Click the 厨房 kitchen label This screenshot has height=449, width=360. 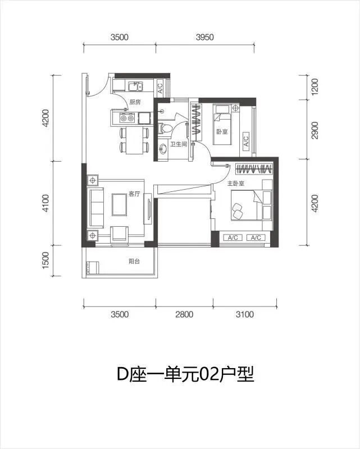(135, 102)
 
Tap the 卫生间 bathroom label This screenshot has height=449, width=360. (179, 144)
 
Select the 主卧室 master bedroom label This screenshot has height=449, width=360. (236, 184)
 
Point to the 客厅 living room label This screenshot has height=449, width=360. (134, 194)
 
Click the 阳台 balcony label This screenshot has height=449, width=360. (134, 261)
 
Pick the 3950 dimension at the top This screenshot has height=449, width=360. (205, 37)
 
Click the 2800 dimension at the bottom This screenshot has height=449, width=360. (184, 314)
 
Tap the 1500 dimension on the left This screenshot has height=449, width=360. (46, 260)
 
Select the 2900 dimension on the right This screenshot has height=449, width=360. (315, 130)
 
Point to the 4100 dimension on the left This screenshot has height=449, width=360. (46, 203)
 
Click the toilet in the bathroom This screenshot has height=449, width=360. (165, 129)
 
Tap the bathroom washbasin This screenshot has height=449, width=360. (162, 149)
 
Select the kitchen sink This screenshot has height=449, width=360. (135, 86)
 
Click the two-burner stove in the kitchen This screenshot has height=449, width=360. (127, 118)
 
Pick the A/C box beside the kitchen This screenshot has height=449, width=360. (160, 87)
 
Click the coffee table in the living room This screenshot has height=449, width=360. (119, 204)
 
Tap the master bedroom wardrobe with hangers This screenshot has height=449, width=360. (254, 169)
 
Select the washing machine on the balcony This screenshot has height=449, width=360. (92, 268)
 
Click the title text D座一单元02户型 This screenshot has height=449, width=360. (186, 374)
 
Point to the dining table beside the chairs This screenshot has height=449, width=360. (134, 140)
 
